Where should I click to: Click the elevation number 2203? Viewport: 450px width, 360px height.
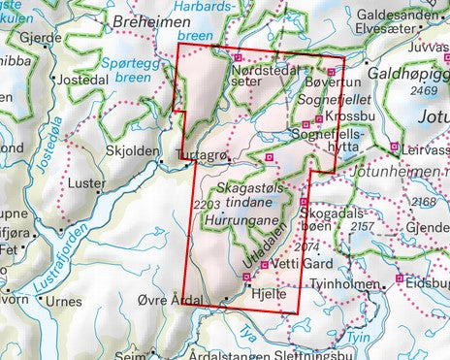[208, 204]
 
